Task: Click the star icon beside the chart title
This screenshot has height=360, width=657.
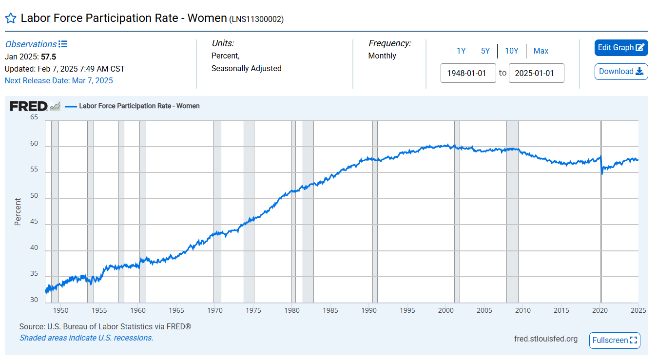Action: click(11, 19)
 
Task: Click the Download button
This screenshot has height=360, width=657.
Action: click(621, 72)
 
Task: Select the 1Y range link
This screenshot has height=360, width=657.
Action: click(461, 51)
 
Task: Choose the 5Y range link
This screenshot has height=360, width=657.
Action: click(485, 51)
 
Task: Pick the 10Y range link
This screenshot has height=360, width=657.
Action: click(511, 51)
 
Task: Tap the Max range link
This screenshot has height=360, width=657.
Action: click(541, 51)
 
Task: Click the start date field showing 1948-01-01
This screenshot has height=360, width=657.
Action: click(468, 73)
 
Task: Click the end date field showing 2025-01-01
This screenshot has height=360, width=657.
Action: click(536, 73)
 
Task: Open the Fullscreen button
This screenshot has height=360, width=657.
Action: click(615, 340)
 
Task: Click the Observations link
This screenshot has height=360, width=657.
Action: click(31, 44)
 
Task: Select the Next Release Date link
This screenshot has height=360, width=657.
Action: click(58, 81)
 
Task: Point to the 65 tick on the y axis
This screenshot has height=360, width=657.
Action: click(34, 117)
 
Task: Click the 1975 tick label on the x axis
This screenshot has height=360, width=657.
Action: click(253, 310)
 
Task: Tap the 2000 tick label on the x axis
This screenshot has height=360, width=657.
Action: click(446, 310)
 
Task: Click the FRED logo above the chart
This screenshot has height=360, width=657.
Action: click(29, 106)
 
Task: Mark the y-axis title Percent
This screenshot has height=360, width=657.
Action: click(18, 211)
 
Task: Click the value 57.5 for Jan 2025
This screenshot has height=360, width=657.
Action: click(48, 57)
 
